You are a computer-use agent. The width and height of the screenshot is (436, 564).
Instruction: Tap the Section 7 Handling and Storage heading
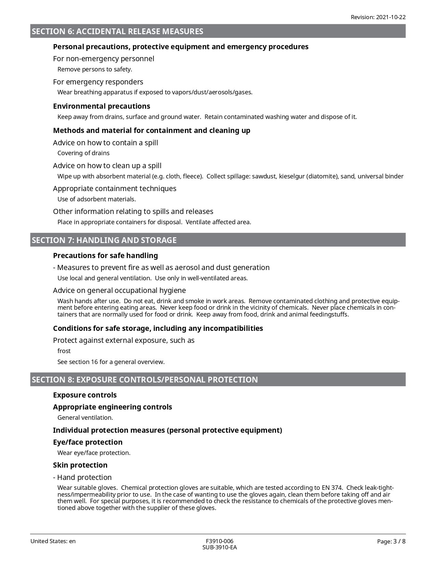pos(104,240)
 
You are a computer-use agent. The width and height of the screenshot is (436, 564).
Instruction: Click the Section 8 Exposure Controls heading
pos(145,380)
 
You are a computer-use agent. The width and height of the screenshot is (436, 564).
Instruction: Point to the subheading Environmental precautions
pos(102,106)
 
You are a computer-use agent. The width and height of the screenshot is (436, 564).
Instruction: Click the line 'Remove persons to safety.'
pos(95,69)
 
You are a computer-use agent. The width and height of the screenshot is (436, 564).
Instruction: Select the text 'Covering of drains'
pos(83,153)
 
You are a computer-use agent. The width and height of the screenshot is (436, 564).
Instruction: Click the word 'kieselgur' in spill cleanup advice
pos(291,176)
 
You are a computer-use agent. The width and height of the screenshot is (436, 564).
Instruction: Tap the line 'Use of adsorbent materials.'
pos(96,199)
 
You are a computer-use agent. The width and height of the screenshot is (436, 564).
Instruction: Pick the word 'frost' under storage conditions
pos(64,351)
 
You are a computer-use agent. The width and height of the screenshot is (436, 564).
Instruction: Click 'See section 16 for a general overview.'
pos(111,362)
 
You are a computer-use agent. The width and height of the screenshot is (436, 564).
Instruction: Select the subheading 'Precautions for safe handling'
pos(105,255)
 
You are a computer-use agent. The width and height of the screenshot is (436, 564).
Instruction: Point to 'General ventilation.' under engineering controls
pos(85,418)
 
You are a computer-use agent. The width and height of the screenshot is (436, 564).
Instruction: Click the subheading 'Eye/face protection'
pos(88,442)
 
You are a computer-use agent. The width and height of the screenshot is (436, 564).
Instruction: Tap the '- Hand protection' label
pos(82,477)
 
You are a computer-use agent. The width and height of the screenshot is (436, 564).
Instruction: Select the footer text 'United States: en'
pos(53,541)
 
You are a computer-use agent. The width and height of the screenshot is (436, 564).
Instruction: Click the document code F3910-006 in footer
pos(220,541)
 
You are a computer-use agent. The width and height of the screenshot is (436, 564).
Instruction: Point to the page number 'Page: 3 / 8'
pos(391,541)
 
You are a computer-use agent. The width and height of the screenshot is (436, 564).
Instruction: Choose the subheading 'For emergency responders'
pos(98,82)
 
